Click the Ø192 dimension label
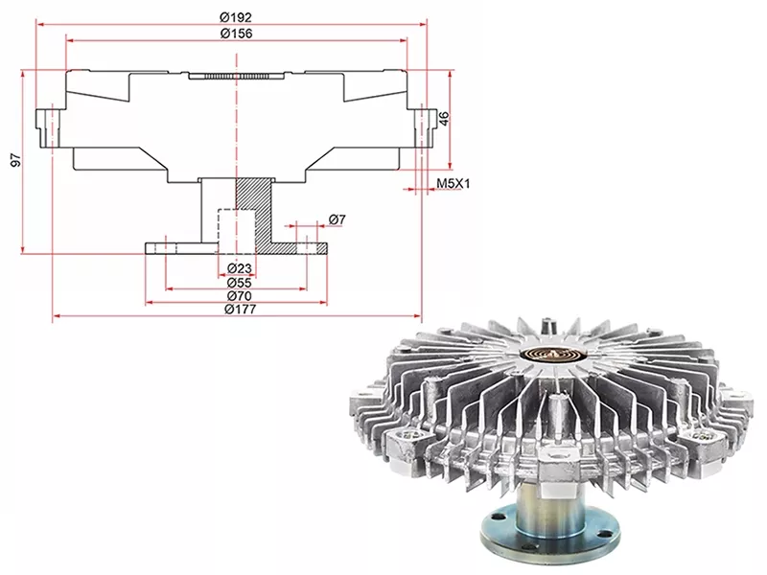point(235,17)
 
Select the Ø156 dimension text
point(236,34)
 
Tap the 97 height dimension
point(16,160)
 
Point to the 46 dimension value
point(443,118)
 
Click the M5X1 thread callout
point(453,183)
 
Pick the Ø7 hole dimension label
point(337,220)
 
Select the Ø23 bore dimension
point(240,268)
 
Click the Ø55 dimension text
point(240,283)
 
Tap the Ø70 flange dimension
point(240,296)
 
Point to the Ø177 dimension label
point(241,309)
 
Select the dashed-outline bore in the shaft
point(235,231)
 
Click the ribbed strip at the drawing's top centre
point(236,77)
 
